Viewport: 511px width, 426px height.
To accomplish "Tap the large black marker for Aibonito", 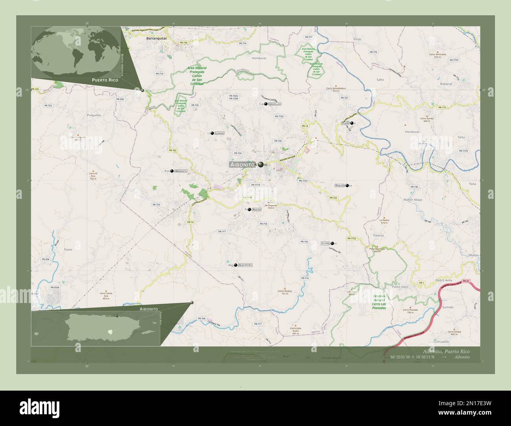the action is tap(261, 165).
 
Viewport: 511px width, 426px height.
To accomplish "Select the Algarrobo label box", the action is tap(245, 265).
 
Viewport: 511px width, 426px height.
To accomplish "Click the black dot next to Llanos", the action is tap(212, 134).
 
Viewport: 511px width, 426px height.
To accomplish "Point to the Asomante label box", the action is tap(181, 171).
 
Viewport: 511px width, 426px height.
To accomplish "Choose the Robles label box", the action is tap(340, 185).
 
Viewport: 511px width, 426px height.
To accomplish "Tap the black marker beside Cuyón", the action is tap(333, 243).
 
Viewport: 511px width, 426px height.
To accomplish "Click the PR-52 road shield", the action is tap(466, 281).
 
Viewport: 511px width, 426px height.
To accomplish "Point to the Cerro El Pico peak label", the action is tap(93, 176).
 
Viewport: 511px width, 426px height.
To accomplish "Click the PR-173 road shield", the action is tap(442, 107).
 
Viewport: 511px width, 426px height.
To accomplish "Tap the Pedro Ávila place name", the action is tap(445, 280).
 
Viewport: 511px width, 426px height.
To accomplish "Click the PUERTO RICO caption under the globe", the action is tap(105, 80).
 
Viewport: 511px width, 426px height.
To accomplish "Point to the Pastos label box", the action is tap(256, 209).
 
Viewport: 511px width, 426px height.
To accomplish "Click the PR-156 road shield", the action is tap(183, 42).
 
